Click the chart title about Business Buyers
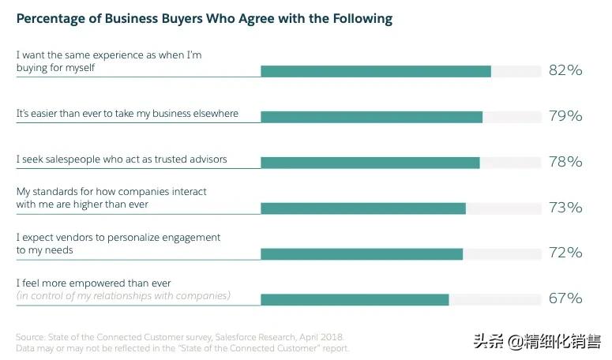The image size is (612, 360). tap(204, 18)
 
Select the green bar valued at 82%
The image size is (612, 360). tap(376, 71)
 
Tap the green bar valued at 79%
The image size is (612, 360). tap(371, 117)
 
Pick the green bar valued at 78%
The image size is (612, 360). tap(370, 163)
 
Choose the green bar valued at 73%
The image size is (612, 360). tap(363, 208)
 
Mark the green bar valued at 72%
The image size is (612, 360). tap(362, 254)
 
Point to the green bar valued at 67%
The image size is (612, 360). tap(355, 300)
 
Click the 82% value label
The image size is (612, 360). tap(565, 70)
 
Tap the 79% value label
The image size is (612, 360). tap(565, 116)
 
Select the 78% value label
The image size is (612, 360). tap(565, 162)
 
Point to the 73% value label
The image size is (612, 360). tap(565, 208)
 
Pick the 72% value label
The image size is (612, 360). tap(565, 253)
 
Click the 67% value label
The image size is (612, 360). tap(565, 298)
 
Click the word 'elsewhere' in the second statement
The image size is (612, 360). tap(213, 114)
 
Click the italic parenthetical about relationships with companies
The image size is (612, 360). tap(123, 296)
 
